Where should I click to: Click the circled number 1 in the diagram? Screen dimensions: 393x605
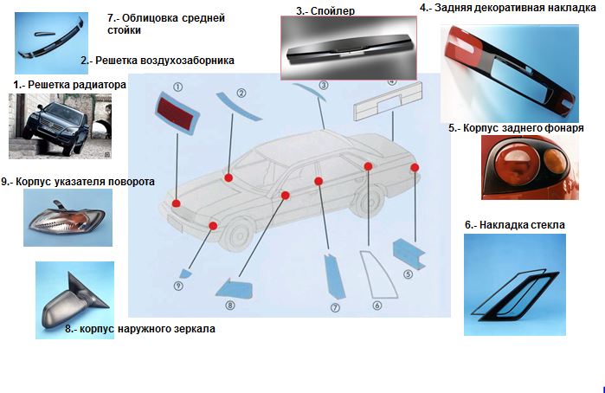(177, 87)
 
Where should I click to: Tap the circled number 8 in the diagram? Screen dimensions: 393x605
(230, 306)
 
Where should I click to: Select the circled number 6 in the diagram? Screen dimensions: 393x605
(377, 305)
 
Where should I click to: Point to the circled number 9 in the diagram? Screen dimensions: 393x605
(177, 285)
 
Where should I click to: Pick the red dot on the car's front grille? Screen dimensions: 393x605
(176, 203)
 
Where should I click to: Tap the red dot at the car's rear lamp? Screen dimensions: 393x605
(415, 166)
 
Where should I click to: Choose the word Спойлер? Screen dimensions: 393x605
(325, 11)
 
